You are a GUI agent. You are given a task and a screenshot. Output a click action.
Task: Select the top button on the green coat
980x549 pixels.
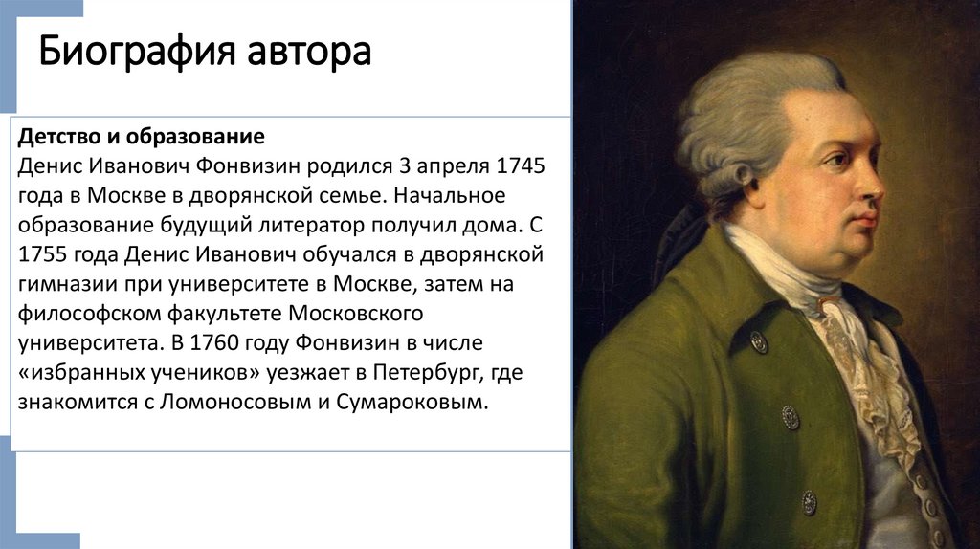pyautogui.click(x=759, y=341)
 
